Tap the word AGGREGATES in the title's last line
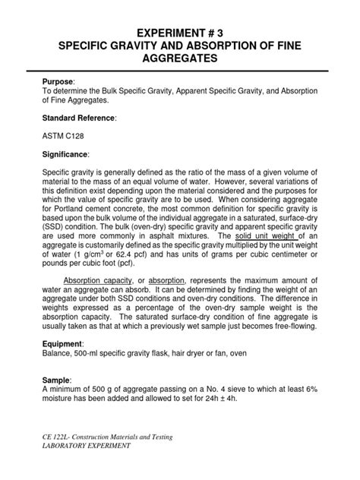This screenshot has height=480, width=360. [x=180, y=63]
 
